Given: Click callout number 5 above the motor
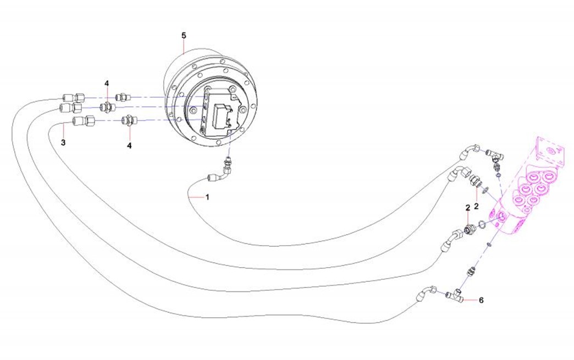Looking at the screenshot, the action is (184, 36).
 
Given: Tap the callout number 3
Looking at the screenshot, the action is (63, 142).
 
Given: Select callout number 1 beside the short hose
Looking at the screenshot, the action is (207, 197).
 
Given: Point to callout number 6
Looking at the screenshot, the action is (481, 300).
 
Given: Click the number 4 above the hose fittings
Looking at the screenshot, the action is (107, 84).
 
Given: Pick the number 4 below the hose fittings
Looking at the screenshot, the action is (129, 146).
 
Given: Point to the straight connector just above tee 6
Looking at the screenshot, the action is (471, 272).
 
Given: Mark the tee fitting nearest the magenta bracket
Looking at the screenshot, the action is (495, 156).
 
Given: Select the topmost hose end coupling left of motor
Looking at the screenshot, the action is (73, 98).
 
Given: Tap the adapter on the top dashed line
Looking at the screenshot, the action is (123, 97).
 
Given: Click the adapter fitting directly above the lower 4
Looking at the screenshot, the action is (128, 120).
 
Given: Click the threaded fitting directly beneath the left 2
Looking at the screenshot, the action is (469, 229).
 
